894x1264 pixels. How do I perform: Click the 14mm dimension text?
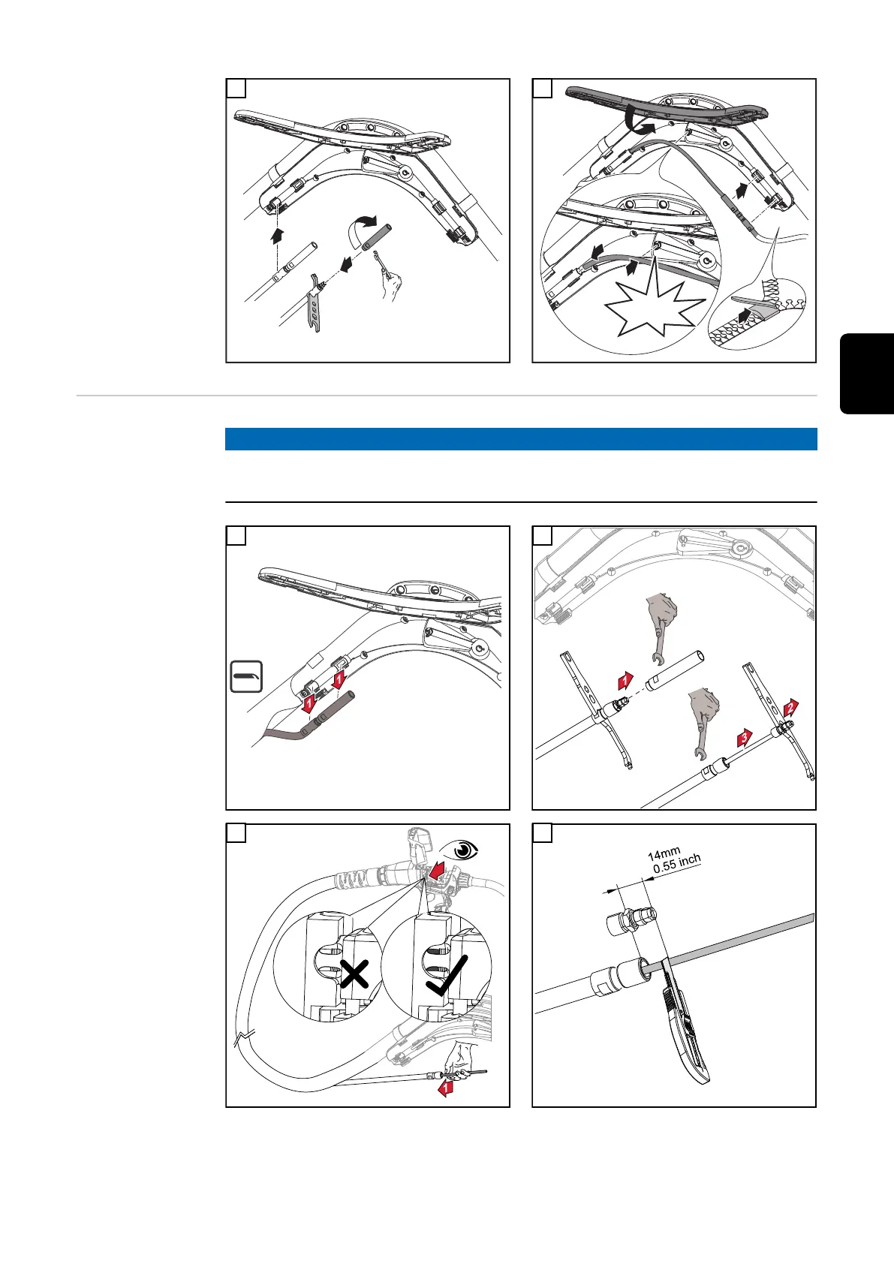[664, 853]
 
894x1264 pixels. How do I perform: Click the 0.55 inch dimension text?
[677, 863]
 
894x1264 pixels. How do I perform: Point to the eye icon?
[459, 850]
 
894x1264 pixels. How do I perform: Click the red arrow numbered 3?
[745, 737]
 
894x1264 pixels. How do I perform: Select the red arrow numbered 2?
[790, 707]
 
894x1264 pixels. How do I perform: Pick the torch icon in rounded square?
[247, 676]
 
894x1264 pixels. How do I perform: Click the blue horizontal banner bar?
[521, 439]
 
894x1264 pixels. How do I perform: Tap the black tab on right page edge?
[867, 374]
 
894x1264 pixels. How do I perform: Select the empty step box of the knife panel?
[543, 833]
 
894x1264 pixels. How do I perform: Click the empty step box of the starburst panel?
[543, 88]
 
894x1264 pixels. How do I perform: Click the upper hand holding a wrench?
[661, 625]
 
